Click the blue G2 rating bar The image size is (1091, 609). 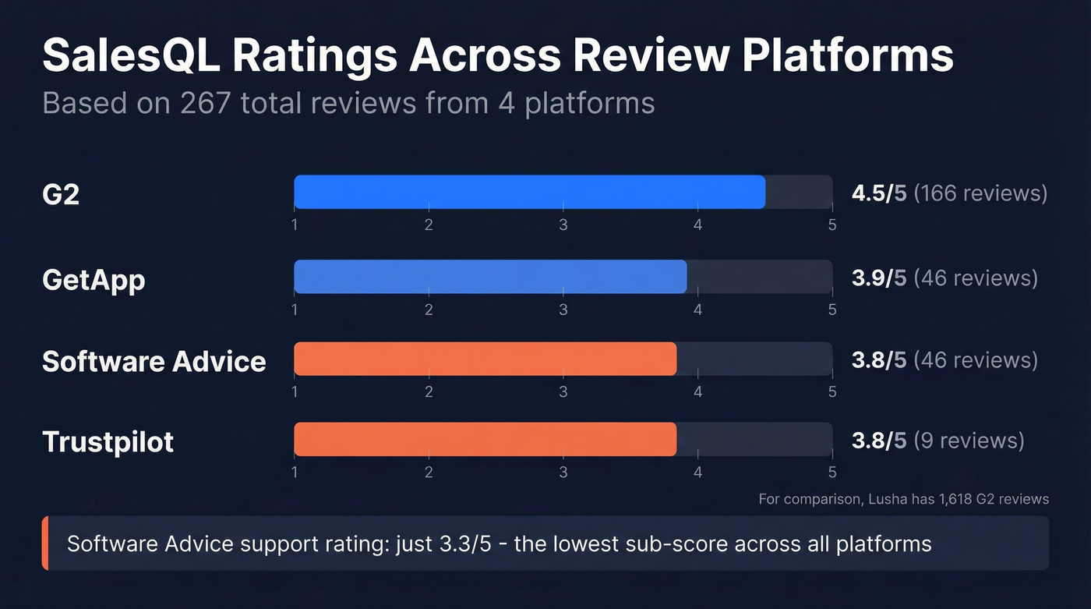point(529,192)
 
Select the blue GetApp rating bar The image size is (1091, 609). point(490,277)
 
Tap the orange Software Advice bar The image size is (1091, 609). point(485,359)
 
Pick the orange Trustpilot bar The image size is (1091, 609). point(485,440)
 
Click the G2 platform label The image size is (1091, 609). point(61,193)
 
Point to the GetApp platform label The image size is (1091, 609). point(94,279)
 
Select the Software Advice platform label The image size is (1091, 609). point(154,361)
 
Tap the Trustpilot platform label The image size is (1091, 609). point(108,442)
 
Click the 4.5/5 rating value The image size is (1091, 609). point(878,193)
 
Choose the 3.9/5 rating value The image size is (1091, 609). point(878,278)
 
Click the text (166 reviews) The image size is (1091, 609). point(980,193)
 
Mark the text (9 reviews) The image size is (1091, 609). point(969,441)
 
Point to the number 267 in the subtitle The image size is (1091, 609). point(205,103)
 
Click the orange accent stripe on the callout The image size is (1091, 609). point(45,543)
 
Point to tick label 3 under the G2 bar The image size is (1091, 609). point(563,225)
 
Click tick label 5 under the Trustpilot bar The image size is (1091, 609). point(832,473)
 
